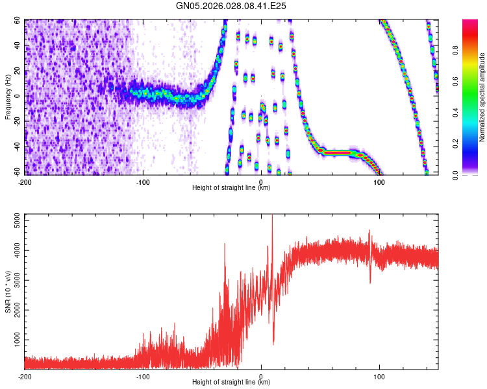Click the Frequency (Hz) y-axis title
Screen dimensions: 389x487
8,97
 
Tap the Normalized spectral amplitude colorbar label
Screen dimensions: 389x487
482,97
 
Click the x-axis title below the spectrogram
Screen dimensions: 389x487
231,189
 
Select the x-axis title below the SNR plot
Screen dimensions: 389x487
231,383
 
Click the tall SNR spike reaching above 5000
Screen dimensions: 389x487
272,219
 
